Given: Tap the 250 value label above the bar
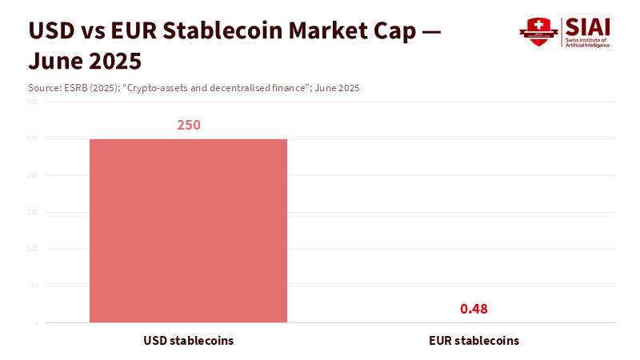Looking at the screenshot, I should [x=188, y=126].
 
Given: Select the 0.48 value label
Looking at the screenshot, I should [x=474, y=309].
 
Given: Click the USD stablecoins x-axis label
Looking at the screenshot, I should [x=188, y=340].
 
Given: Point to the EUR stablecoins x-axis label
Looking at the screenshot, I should [x=474, y=340].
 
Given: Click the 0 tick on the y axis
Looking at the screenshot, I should [x=35, y=323].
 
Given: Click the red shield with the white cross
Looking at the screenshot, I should [x=538, y=32].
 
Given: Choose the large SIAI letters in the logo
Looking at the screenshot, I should [x=587, y=26].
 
